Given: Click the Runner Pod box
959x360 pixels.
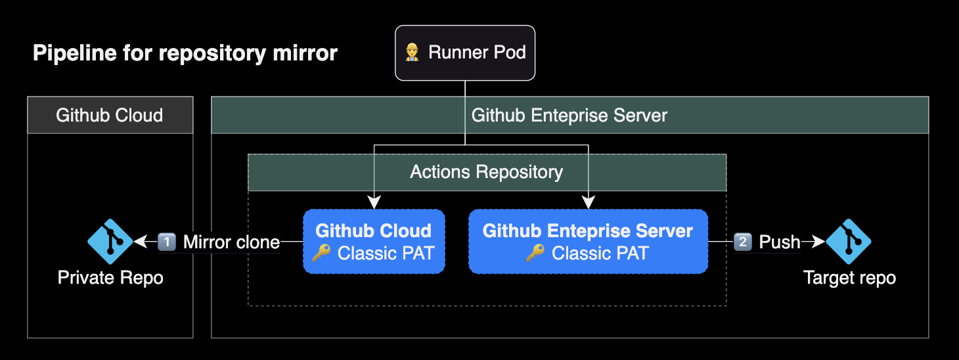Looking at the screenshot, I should [465, 53].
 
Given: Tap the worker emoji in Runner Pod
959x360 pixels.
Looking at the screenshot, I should [412, 53].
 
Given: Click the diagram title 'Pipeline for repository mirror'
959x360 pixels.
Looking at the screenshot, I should [185, 53].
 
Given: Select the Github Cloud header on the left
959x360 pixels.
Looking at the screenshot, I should [110, 116].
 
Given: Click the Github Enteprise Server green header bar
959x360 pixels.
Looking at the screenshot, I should [569, 116].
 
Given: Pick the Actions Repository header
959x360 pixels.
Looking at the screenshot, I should [487, 172].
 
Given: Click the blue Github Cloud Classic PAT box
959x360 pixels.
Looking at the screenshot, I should [374, 241].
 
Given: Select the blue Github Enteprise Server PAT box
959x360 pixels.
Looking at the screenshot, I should [588, 241].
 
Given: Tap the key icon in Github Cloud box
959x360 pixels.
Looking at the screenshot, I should [321, 253].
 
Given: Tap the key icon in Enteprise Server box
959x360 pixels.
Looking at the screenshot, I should [535, 253].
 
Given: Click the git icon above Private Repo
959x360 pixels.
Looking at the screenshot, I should [110, 242].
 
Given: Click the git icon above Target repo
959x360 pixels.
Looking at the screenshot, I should [848, 242].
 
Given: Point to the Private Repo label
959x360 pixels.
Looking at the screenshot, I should [110, 278].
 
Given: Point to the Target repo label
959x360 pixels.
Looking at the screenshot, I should [849, 278].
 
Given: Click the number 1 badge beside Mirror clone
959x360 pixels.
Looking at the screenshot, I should [167, 242].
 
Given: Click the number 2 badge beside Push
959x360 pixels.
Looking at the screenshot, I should [743, 242].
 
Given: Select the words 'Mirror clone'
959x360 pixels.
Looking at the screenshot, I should [231, 242].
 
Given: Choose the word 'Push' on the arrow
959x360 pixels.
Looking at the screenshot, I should [780, 242].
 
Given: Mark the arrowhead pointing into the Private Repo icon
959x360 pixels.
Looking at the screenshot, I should [139, 242].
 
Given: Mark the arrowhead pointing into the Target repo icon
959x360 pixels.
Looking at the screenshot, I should [819, 242].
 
